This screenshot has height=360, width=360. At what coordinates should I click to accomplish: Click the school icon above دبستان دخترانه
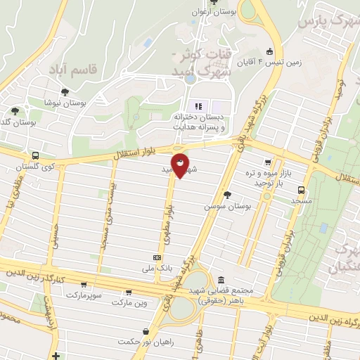coord(198,106)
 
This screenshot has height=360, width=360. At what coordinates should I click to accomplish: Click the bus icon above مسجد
coord(301,189)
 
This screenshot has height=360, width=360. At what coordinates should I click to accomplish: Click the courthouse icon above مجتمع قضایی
coord(221,279)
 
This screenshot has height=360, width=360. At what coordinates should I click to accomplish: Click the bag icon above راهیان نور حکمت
coord(145,331)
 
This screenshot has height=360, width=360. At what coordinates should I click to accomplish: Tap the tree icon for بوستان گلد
coord(15,110)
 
